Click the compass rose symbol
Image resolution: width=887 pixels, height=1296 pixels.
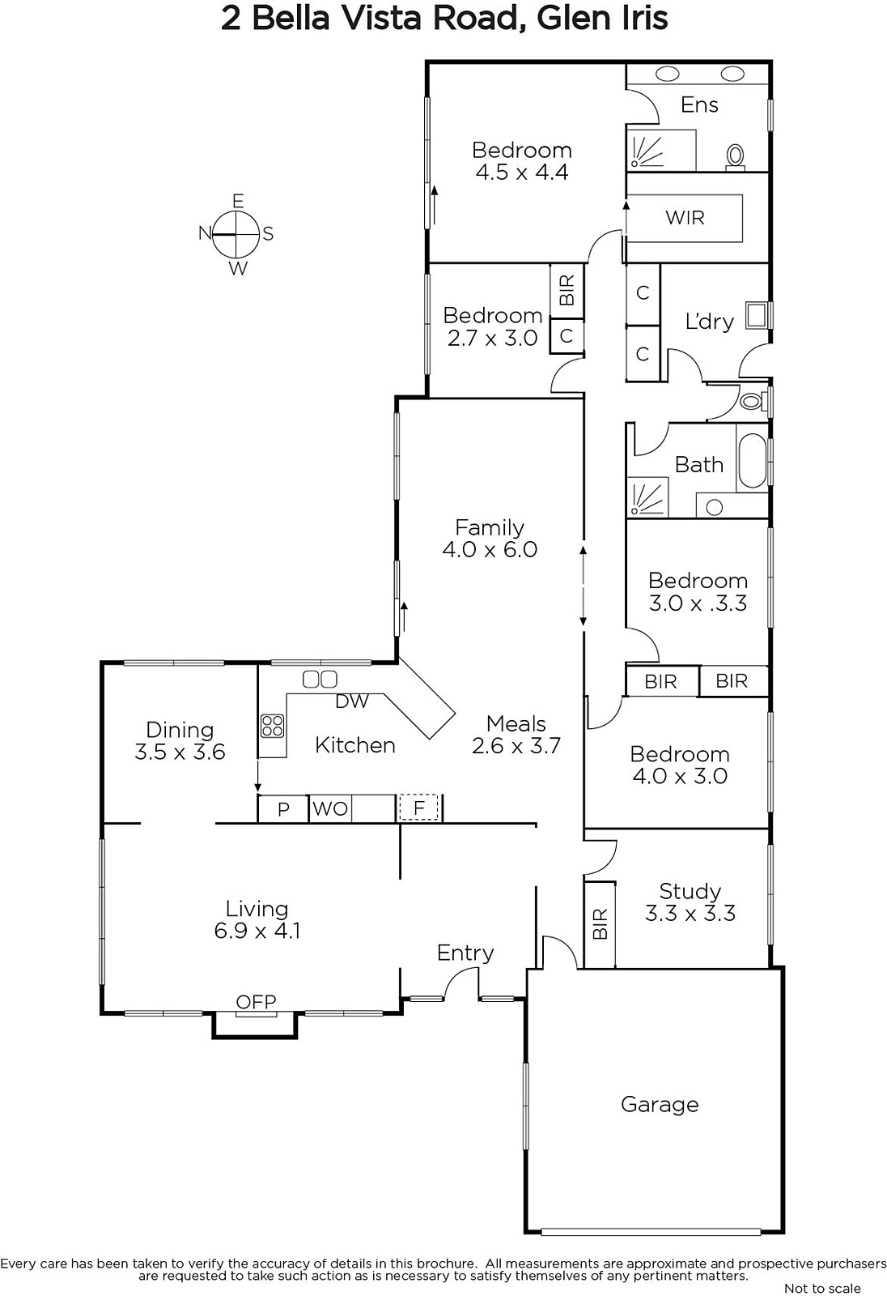pos(236,234)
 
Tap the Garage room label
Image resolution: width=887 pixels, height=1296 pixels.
pos(660,1105)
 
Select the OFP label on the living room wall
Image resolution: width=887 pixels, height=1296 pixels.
pos(257,1001)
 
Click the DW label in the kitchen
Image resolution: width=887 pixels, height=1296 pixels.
pos(351,701)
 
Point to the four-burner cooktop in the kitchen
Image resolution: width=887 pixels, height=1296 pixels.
pos(273,726)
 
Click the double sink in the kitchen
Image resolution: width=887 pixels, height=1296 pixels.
pos(320,679)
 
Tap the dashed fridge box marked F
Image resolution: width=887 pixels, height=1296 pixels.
pos(418,808)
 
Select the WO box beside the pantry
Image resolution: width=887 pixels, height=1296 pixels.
pos(330,808)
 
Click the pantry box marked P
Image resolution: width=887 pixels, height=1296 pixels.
pos(282,809)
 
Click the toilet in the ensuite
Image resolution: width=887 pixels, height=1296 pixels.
pos(735,157)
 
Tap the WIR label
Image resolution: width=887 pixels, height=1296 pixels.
pos(685,218)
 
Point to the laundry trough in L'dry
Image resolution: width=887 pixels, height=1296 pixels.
pos(756,315)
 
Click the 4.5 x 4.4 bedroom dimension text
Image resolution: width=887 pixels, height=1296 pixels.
pos(521,172)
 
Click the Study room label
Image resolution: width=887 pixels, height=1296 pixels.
pos(690,890)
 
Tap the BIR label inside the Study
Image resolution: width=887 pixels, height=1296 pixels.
pos(600,923)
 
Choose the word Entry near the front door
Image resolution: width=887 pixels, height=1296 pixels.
pos(465,953)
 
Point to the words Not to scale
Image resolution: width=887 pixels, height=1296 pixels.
pos(822,1287)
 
